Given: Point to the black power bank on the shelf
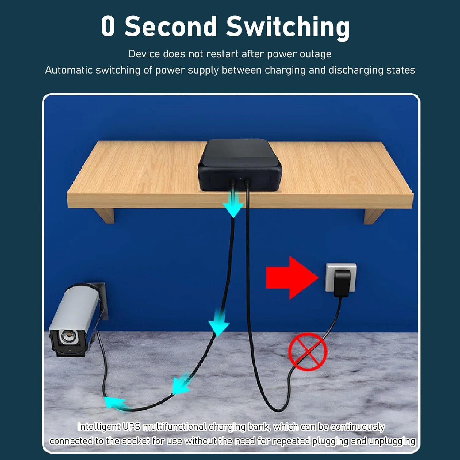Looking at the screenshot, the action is coord(240,165).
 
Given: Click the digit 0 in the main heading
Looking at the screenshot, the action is coord(108,26).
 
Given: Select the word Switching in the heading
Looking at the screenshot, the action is coord(288,28).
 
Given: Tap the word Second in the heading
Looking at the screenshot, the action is coord(171,26).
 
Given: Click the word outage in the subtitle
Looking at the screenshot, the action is coord(316,54).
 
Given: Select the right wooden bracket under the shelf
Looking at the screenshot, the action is coord(374,216).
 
